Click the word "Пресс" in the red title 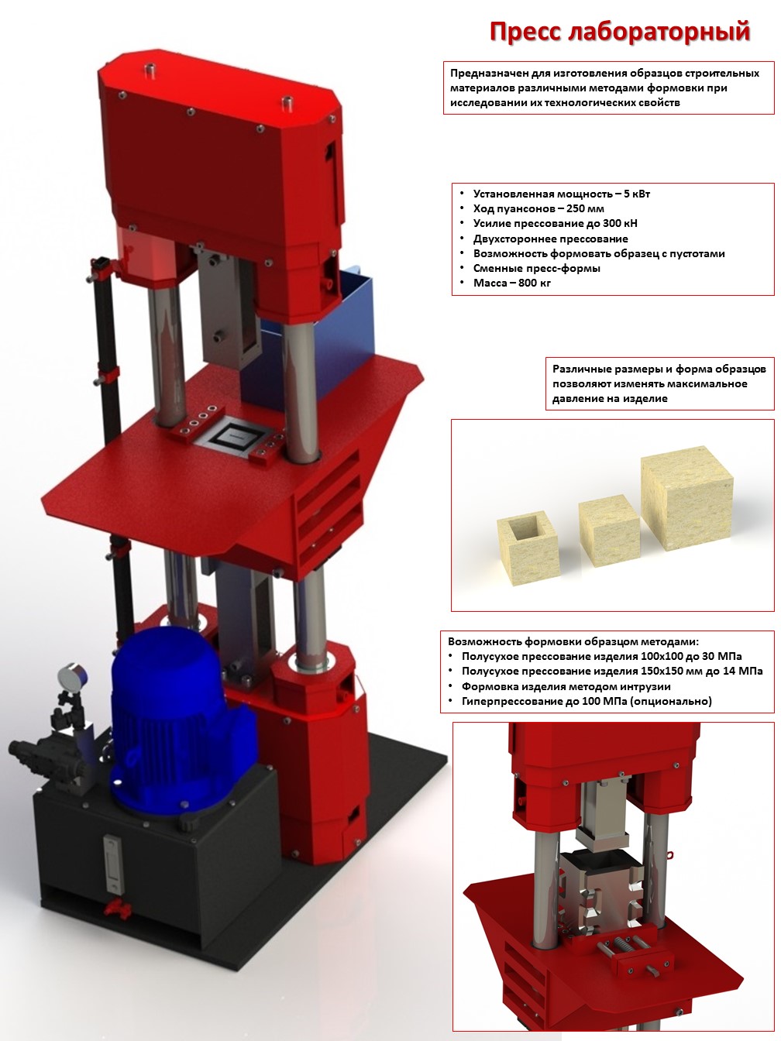coord(525,33)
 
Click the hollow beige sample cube coord(528,548)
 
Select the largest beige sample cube coord(686,497)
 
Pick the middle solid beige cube coord(609,531)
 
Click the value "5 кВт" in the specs coord(636,194)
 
